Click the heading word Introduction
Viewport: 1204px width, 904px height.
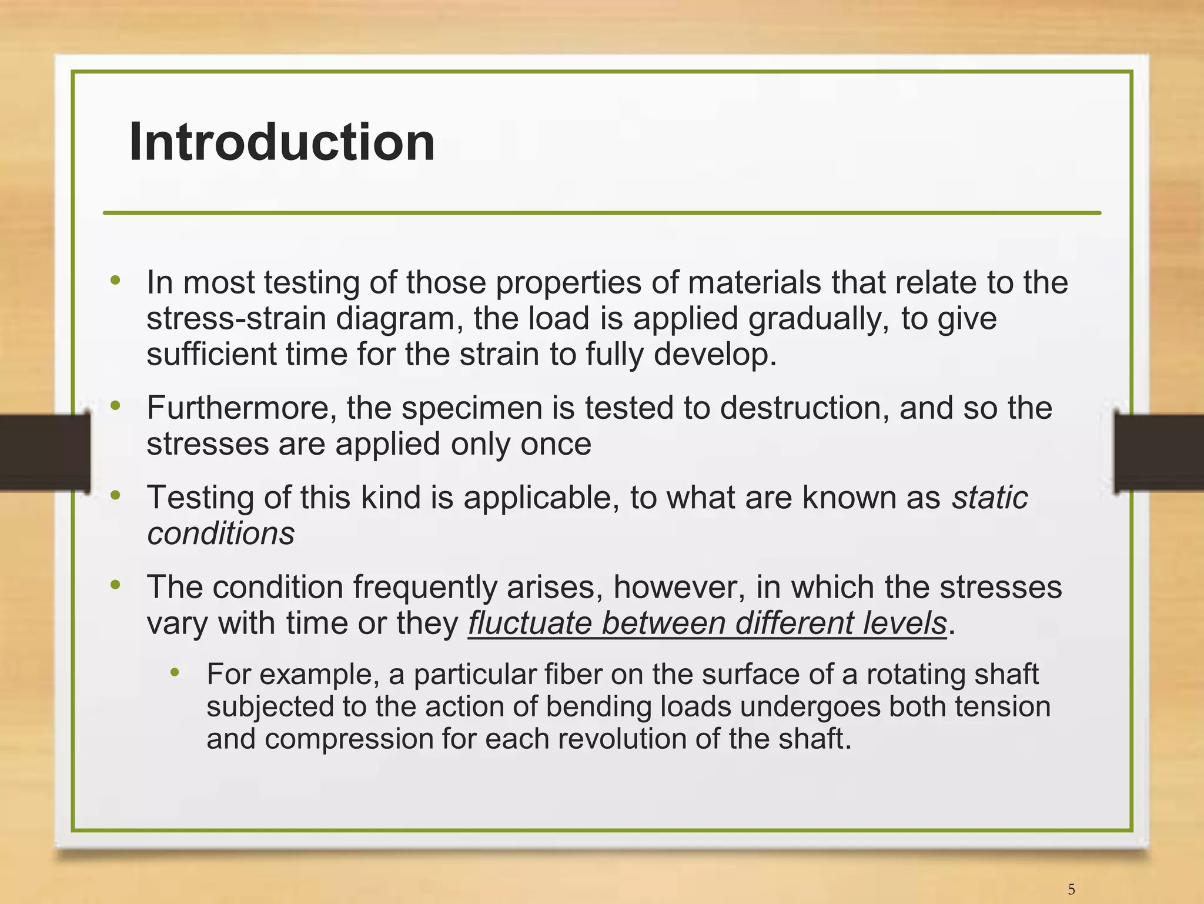point(282,142)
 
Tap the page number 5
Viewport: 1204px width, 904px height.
point(1071,889)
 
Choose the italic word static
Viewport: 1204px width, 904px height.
point(990,498)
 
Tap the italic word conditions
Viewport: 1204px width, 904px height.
point(220,533)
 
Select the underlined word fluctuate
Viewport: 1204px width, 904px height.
point(530,623)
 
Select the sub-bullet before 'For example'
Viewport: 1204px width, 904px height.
point(175,673)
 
